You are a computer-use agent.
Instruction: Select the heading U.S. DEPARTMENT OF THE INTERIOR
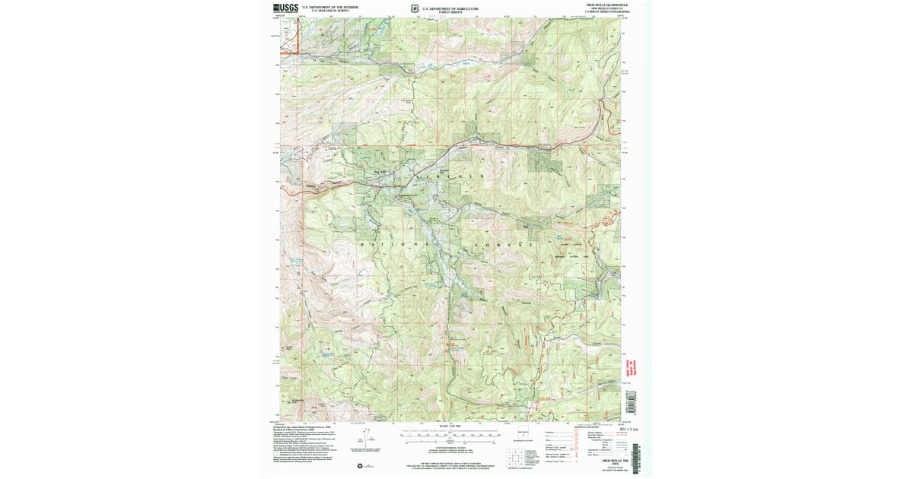[x=329, y=6]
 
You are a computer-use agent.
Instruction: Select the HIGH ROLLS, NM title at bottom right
[x=613, y=461]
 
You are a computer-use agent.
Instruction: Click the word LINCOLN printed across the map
[x=450, y=176]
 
